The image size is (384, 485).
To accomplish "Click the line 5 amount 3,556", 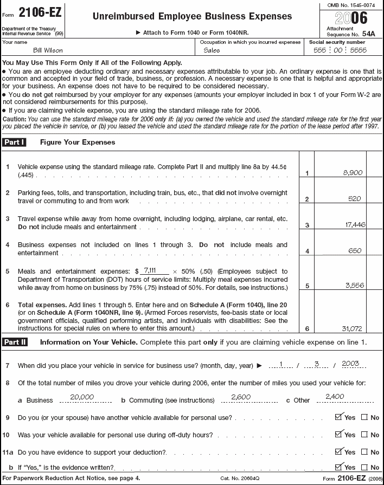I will tap(354, 286).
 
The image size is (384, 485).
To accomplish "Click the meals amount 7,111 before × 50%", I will tap(148, 269).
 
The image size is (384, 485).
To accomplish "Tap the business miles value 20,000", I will tap(82, 397).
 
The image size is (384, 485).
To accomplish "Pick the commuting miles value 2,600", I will tap(240, 397).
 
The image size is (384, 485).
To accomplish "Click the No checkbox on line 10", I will tap(364, 435).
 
